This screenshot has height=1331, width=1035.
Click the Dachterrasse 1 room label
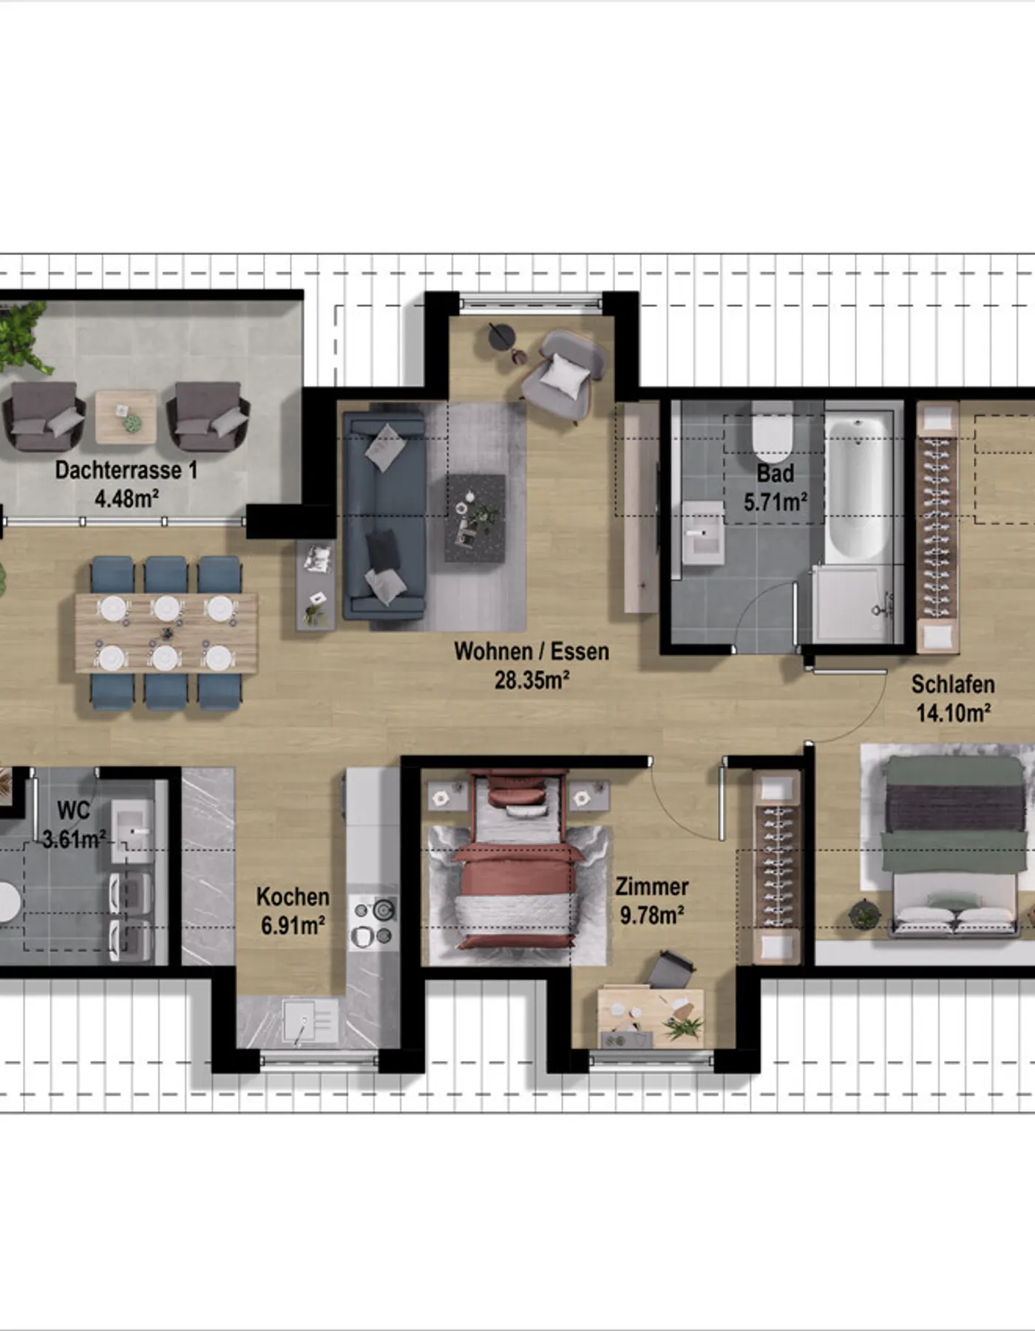point(126,470)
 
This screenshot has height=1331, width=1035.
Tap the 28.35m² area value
point(532,680)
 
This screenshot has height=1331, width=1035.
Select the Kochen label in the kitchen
point(293,897)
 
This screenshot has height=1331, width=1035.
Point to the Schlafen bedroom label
point(952,684)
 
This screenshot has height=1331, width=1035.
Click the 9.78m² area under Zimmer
point(651,915)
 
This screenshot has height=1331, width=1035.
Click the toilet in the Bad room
point(772,433)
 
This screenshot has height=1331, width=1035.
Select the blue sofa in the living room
point(384,515)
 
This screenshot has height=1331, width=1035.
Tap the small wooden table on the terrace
point(126,417)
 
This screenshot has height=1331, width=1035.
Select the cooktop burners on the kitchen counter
point(374,921)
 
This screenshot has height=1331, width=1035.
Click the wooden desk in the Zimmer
point(651,1017)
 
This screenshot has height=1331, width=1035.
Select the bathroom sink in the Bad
point(702,533)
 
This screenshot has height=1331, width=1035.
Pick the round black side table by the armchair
point(500,336)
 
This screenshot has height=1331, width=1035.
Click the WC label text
point(73,810)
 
